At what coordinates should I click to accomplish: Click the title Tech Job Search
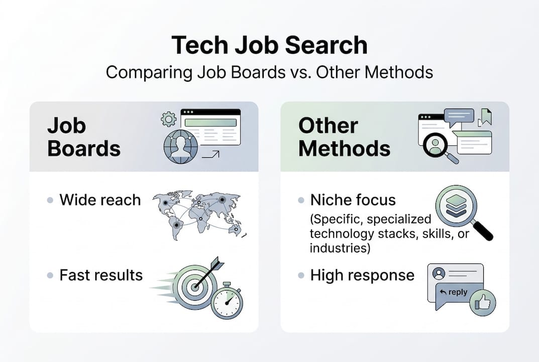(x=269, y=46)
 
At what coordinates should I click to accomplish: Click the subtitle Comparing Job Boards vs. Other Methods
(x=269, y=72)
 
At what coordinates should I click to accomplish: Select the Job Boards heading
(x=84, y=137)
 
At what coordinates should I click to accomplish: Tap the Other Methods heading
(x=344, y=137)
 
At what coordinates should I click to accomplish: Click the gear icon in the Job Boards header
(x=168, y=119)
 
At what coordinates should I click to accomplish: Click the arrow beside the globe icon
(x=210, y=154)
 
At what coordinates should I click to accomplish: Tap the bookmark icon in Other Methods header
(x=486, y=116)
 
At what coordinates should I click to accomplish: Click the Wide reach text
(x=100, y=200)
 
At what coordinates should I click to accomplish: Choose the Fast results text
(x=101, y=275)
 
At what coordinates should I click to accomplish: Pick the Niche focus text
(x=353, y=200)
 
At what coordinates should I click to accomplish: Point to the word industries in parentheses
(x=334, y=248)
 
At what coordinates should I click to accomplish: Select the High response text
(x=362, y=275)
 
